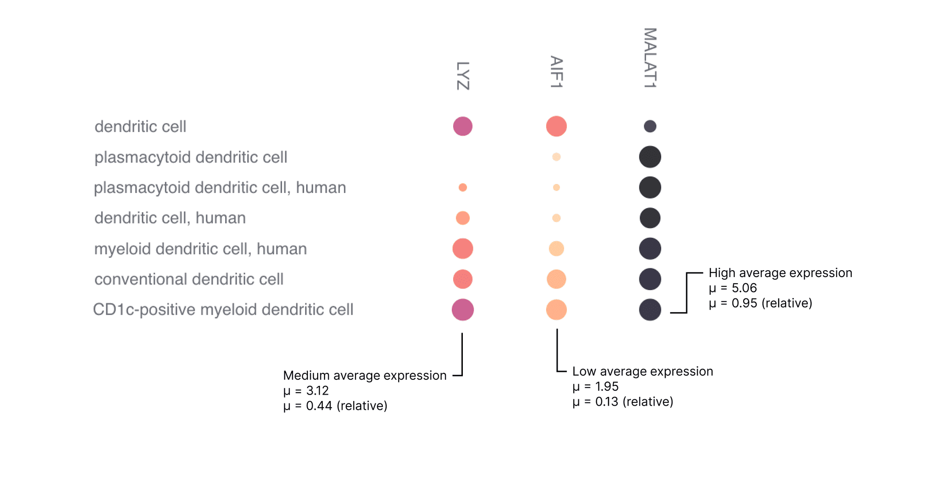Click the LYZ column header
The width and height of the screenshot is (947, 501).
463,76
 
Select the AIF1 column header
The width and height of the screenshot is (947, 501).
556,72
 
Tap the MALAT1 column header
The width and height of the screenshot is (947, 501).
650,58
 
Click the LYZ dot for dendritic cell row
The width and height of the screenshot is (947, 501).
463,126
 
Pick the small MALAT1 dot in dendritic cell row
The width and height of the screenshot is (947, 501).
650,126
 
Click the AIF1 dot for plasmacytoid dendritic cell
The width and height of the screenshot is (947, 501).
556,157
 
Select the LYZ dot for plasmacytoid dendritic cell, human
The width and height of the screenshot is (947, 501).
463,187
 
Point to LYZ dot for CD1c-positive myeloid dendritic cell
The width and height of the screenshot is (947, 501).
463,309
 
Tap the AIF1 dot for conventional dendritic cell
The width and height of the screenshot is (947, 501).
556,279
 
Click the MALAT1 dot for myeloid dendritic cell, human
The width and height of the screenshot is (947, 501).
650,248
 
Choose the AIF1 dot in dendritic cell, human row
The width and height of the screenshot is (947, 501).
556,218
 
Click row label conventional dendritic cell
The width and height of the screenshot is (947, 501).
189,279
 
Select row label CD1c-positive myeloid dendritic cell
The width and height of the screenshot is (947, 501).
223,309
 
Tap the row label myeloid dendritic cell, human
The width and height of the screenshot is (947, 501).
200,249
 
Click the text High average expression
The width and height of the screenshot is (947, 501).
780,273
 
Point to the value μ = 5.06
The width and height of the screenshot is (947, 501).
732,288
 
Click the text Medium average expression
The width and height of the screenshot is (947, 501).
364,375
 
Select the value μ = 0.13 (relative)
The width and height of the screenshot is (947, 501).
622,402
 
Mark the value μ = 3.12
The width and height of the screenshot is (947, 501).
306,390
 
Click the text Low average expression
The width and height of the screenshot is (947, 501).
642,371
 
